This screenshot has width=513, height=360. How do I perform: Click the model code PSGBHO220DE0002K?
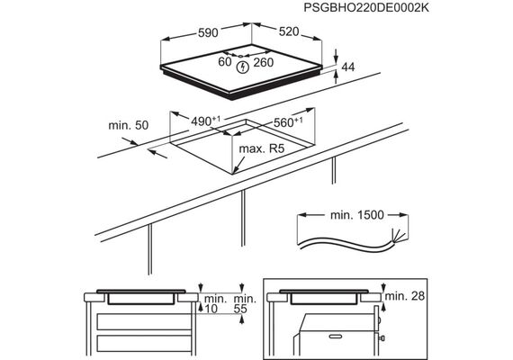[366, 7]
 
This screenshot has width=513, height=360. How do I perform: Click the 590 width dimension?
[208, 32]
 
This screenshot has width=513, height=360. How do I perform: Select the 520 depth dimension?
[289, 31]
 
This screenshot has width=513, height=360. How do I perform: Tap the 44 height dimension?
[347, 67]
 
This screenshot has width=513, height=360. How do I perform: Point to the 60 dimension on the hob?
[225, 61]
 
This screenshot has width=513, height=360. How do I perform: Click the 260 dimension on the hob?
[264, 62]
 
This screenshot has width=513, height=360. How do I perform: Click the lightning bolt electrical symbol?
[243, 67]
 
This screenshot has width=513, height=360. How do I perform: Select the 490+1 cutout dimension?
[206, 121]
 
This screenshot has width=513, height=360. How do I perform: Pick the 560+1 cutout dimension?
[288, 121]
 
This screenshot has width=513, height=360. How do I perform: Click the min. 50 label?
[128, 125]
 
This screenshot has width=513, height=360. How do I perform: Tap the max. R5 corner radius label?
[262, 148]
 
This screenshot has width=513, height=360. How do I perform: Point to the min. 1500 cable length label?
[357, 215]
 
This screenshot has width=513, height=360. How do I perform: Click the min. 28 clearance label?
[405, 296]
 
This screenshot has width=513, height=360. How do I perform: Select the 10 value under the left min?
[211, 309]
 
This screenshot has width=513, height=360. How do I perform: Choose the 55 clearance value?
[240, 309]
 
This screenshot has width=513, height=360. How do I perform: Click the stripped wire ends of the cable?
[399, 237]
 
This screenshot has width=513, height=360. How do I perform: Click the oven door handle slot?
[336, 336]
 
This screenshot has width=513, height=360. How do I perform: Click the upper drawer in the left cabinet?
[144, 321]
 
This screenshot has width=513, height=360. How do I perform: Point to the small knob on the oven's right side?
[382, 337]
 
